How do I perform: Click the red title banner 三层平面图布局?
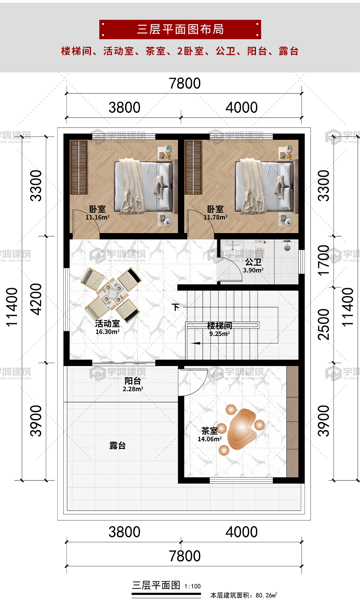(x=180, y=29)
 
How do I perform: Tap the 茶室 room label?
(x=210, y=431)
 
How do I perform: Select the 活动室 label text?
(x=107, y=324)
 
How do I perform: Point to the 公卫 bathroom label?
(x=253, y=262)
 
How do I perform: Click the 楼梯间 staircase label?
(x=220, y=325)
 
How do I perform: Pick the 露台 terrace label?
(x=117, y=446)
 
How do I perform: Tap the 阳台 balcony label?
(x=133, y=381)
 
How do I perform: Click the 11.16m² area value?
(x=98, y=217)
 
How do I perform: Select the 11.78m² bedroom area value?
(x=216, y=217)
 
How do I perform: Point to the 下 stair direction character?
(x=175, y=307)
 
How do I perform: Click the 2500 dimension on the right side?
(x=324, y=325)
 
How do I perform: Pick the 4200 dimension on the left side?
(x=36, y=299)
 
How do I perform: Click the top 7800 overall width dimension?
(x=185, y=83)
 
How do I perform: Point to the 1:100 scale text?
(x=193, y=586)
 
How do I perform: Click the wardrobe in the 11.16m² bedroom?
(x=79, y=167)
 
